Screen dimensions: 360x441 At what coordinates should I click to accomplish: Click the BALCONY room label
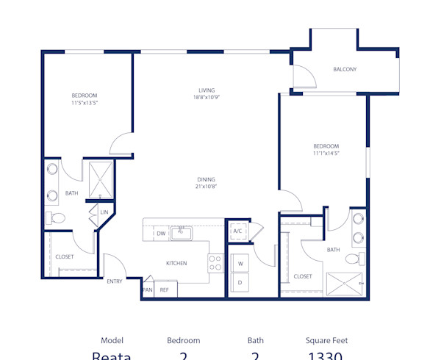pos(345,70)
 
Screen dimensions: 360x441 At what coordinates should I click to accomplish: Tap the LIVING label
pos(206,90)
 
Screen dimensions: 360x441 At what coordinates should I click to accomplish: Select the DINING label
pos(206,179)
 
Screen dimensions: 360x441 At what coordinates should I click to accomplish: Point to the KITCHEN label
pos(176,263)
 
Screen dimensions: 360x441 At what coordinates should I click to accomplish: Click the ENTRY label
pos(115,281)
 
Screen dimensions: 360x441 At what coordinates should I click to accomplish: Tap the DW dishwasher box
pos(161,234)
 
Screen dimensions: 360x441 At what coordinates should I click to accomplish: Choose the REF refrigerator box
pos(165,290)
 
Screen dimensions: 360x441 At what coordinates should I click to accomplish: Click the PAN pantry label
pos(147,290)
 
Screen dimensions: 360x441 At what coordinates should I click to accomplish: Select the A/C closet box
pos(237,231)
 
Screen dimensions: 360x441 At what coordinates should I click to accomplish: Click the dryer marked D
pos(240,283)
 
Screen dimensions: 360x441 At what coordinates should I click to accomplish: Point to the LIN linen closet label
pos(104,212)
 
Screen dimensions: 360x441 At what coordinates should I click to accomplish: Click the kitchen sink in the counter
pos(180,234)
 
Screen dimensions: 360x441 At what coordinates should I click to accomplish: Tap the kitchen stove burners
pos(215,263)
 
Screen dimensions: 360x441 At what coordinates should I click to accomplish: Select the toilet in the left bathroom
pos(56,217)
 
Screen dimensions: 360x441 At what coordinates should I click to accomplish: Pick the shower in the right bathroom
pos(344,283)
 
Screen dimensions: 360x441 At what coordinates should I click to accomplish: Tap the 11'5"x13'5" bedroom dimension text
pos(85,104)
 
